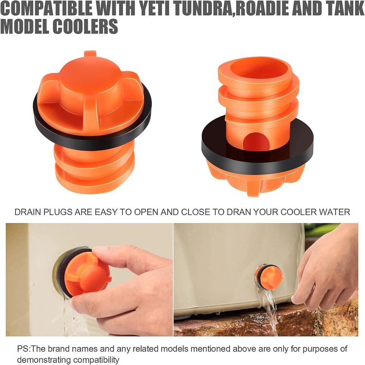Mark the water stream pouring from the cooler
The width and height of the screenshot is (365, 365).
pos(270,310)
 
